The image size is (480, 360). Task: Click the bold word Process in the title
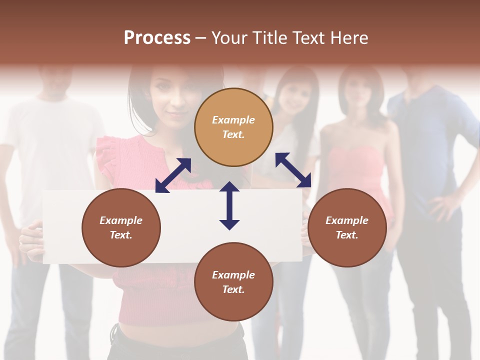(x=157, y=38)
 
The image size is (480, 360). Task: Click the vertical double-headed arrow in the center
(x=229, y=205)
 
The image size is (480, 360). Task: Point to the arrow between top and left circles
(x=173, y=175)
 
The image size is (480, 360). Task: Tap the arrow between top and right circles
(x=293, y=170)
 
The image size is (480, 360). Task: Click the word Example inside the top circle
(x=233, y=120)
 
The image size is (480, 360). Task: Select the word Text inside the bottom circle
(x=233, y=289)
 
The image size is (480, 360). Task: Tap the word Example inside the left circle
(x=121, y=220)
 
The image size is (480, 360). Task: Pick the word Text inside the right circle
(x=347, y=235)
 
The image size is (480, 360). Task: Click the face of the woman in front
(x=172, y=95)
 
